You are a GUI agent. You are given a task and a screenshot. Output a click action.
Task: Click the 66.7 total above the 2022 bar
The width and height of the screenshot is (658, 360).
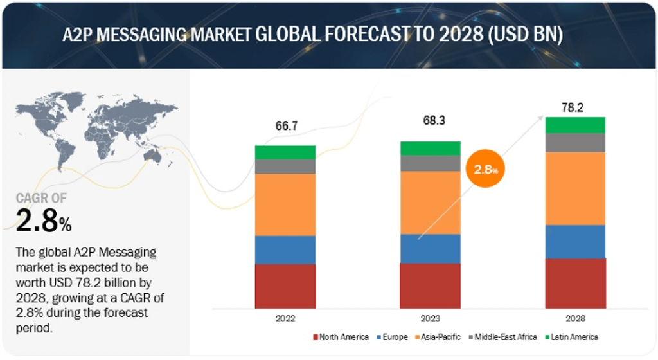click(287, 125)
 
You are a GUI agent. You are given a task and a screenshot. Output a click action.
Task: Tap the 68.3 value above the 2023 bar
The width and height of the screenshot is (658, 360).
click(434, 120)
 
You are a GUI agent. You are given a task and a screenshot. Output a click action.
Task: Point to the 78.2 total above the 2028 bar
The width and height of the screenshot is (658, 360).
click(573, 107)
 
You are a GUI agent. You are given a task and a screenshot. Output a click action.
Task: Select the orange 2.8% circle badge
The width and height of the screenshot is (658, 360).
click(486, 168)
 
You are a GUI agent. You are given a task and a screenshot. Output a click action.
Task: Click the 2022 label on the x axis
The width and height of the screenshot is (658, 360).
click(285, 318)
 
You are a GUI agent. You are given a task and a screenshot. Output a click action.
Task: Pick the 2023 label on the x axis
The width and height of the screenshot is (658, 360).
click(430, 318)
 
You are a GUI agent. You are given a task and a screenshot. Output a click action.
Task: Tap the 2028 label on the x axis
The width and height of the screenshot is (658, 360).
click(575, 318)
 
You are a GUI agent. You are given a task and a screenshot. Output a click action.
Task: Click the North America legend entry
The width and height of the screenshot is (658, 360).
click(341, 337)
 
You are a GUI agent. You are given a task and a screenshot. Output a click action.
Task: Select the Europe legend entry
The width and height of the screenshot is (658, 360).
click(392, 337)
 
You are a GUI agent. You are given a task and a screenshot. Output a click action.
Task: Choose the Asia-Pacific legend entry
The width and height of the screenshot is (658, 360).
click(438, 337)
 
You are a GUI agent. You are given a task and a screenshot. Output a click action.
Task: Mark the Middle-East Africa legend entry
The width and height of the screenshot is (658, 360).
click(502, 337)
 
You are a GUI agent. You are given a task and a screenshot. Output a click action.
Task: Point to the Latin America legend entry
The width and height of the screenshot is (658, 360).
click(571, 337)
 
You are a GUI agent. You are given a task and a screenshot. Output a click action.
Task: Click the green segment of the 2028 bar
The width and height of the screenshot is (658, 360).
click(575, 125)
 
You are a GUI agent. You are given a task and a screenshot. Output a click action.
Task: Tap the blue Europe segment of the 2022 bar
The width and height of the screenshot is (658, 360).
click(285, 249)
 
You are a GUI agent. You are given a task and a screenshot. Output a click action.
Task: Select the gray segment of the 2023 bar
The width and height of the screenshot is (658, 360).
click(430, 164)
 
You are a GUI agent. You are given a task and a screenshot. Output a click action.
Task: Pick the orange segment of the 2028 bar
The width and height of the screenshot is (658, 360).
click(575, 189)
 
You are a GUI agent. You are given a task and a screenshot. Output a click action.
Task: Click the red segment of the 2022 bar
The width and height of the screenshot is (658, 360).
click(285, 286)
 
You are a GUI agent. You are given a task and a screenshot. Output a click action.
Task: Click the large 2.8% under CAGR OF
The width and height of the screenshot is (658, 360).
click(44, 221)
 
